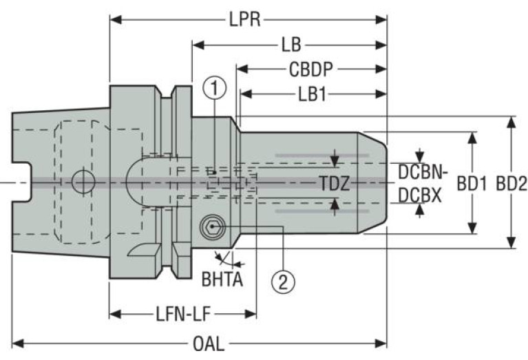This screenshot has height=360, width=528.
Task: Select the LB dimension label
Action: click(x=291, y=45)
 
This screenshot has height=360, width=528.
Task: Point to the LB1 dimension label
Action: click(x=311, y=94)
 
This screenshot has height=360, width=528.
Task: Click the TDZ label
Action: click(x=335, y=183)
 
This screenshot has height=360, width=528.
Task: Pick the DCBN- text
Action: click(x=423, y=172)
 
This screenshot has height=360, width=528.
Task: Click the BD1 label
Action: click(x=472, y=183)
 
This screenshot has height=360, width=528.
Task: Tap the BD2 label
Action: click(x=510, y=183)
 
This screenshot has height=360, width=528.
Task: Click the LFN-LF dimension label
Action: click(x=182, y=315)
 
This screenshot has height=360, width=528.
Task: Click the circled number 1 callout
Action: click(x=215, y=87)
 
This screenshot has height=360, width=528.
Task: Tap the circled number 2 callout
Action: click(x=284, y=279)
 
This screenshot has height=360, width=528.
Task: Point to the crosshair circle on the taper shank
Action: click(x=83, y=182)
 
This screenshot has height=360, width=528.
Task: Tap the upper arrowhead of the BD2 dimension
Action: click(x=510, y=122)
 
